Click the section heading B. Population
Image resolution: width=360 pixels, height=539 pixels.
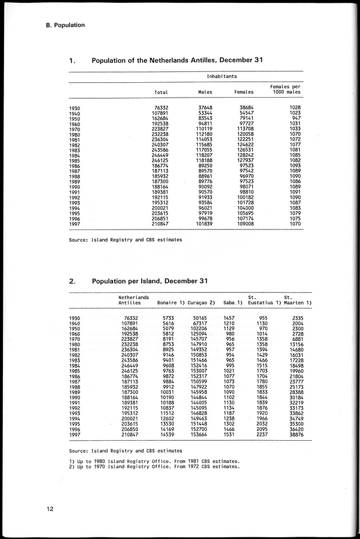coord(66,25)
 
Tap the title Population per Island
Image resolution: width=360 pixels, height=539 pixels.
coord(150,281)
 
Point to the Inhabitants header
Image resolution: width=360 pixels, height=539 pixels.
coord(222,76)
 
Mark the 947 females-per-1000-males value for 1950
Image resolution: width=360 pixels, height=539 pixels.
coord(295,118)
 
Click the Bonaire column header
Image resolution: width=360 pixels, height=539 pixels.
coord(169,302)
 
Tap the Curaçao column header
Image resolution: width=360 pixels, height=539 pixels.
coord(201,302)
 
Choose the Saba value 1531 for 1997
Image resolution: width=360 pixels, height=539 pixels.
coord(229,436)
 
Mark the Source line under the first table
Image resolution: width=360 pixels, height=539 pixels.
coord(125,240)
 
